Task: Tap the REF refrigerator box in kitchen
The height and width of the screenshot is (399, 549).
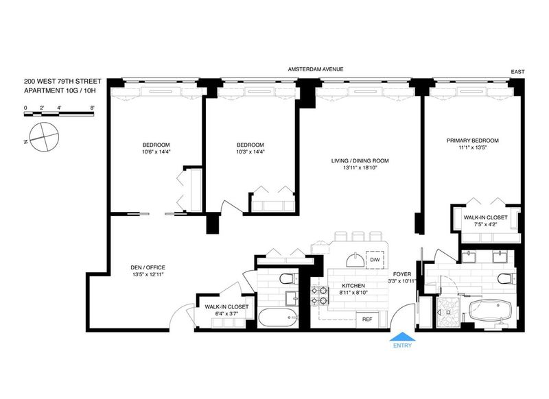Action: [367, 319]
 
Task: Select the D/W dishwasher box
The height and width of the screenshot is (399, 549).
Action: [375, 260]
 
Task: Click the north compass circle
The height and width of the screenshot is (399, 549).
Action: [44, 137]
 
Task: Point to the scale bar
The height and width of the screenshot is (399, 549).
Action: [59, 113]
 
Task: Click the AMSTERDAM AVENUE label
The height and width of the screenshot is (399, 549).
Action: [316, 69]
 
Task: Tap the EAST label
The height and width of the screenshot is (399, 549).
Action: [518, 72]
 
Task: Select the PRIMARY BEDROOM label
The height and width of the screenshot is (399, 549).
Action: [472, 141]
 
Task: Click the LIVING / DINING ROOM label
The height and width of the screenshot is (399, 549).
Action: [360, 161]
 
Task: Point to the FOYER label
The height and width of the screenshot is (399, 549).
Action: [402, 274]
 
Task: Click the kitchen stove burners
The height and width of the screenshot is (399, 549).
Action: [320, 295]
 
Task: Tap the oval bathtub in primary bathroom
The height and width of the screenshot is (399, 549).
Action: [491, 310]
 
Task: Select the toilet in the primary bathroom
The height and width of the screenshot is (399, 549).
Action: [506, 279]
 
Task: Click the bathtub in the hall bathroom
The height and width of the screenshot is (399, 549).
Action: [279, 317]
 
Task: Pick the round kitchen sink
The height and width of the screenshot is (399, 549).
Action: [355, 260]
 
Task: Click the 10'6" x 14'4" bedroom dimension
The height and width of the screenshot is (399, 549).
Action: [156, 152]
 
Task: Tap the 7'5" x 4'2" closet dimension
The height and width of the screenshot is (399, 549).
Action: [485, 224]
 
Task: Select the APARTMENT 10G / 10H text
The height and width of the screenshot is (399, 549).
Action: [60, 90]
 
